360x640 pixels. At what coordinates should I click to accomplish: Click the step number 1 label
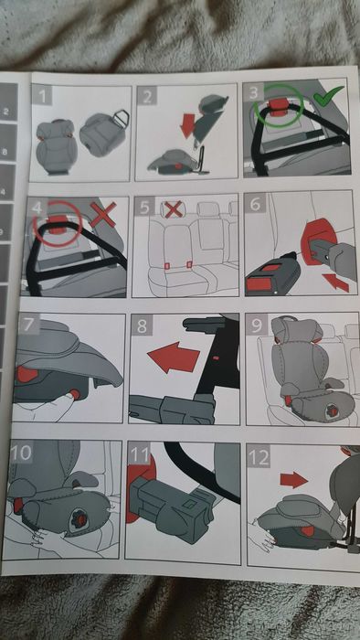point(42,95)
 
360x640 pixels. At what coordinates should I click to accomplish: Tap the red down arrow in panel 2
point(188,126)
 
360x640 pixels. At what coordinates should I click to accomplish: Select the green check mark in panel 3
point(328,96)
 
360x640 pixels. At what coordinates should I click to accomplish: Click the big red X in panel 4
point(102,214)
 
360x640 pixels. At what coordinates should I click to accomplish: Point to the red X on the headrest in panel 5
point(174,209)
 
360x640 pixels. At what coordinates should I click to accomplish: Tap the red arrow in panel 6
point(335,282)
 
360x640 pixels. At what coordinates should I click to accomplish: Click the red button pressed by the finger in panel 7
point(75,394)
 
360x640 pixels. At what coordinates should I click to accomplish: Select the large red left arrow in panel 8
point(174,357)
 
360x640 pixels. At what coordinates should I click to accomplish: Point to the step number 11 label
point(139,453)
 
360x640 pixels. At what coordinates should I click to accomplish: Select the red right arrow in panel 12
point(293,480)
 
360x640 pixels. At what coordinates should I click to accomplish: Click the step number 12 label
point(259,457)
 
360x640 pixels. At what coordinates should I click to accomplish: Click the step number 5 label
point(144,208)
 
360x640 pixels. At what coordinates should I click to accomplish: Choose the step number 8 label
point(142,325)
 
